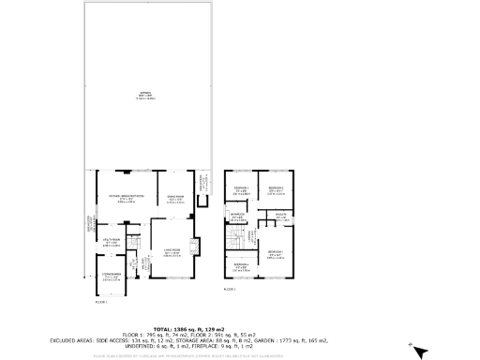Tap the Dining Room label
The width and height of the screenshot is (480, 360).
pos(175,199)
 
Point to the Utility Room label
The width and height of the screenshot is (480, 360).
pos(110,244)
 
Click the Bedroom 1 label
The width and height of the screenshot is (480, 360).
pos(276,253)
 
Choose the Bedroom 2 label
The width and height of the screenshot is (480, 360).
pos(276,191)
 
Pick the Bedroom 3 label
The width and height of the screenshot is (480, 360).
pos(240,191)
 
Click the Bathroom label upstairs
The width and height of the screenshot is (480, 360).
pos(236,218)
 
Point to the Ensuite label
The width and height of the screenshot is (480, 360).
pos(280,218)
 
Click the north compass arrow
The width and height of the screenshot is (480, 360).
pos(419,351)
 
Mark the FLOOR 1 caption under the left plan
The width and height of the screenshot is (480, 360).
pos(101,303)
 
